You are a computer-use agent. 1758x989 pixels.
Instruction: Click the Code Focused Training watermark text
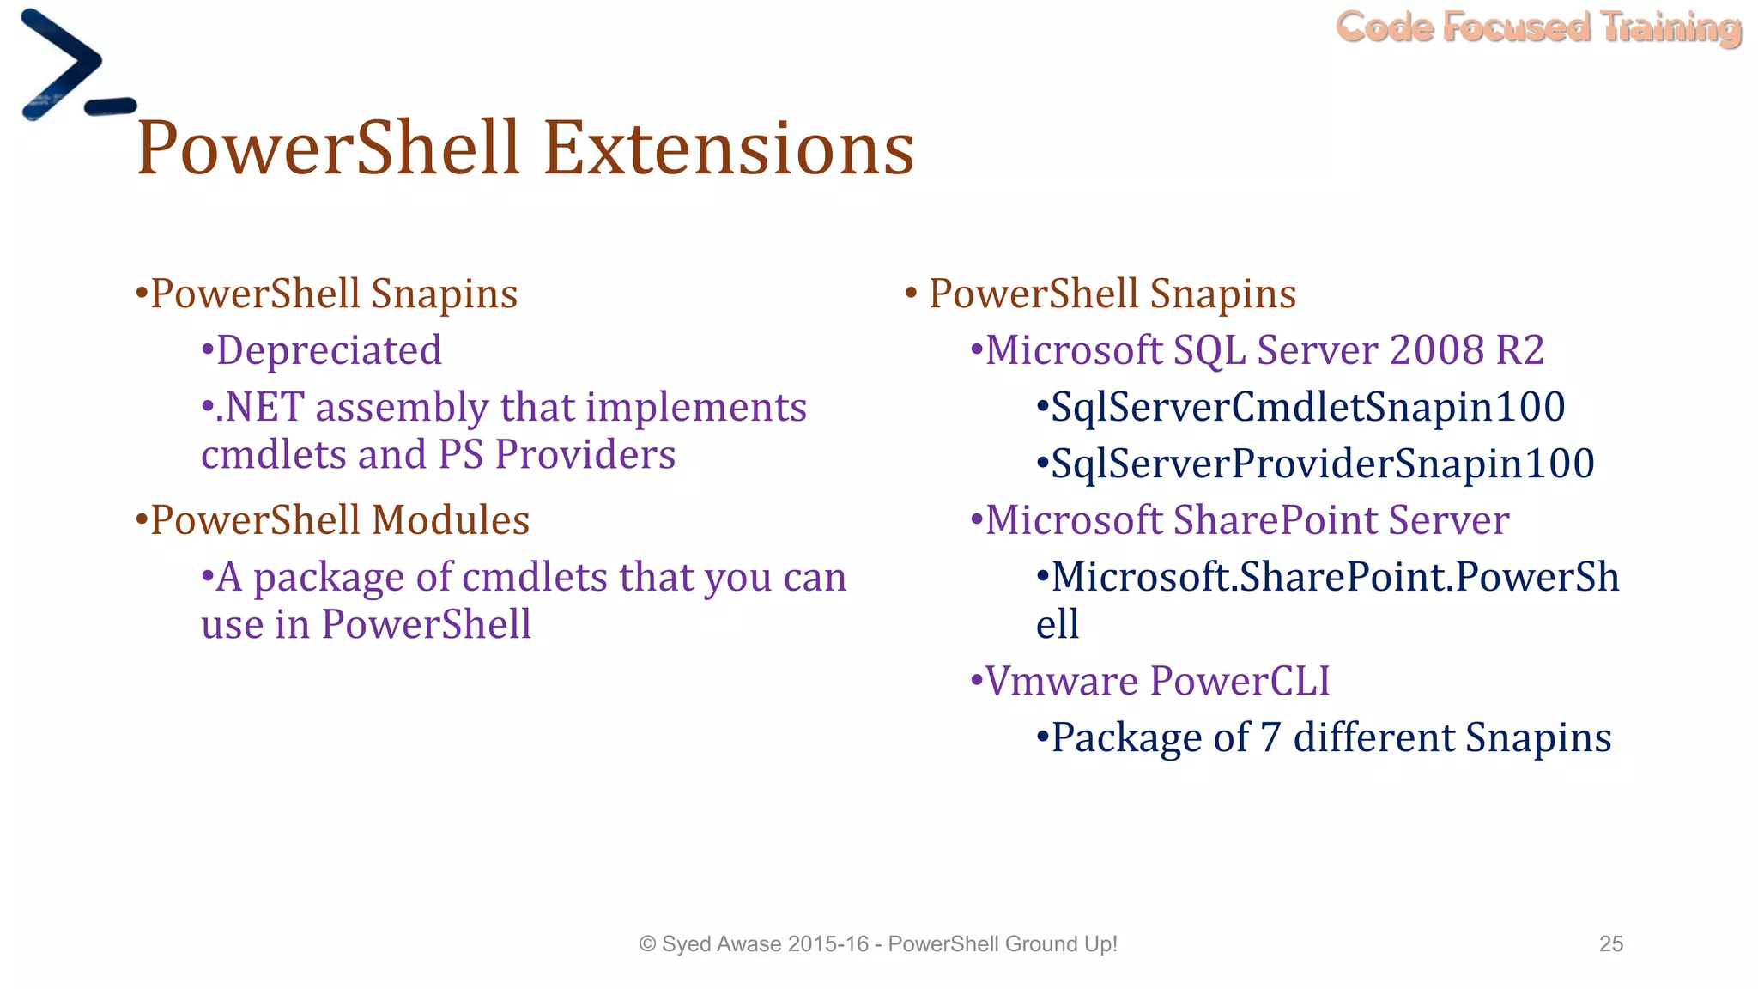coord(1537,27)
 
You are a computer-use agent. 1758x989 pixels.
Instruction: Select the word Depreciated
coord(329,350)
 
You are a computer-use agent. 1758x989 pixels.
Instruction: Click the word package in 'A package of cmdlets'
coord(329,579)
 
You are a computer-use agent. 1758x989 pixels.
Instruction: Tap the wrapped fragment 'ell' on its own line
coord(1057,625)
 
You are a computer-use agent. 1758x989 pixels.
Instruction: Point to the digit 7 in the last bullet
coord(1270,738)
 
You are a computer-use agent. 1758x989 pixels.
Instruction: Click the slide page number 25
coord(1610,943)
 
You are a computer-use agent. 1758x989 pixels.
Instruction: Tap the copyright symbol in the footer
coord(647,944)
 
